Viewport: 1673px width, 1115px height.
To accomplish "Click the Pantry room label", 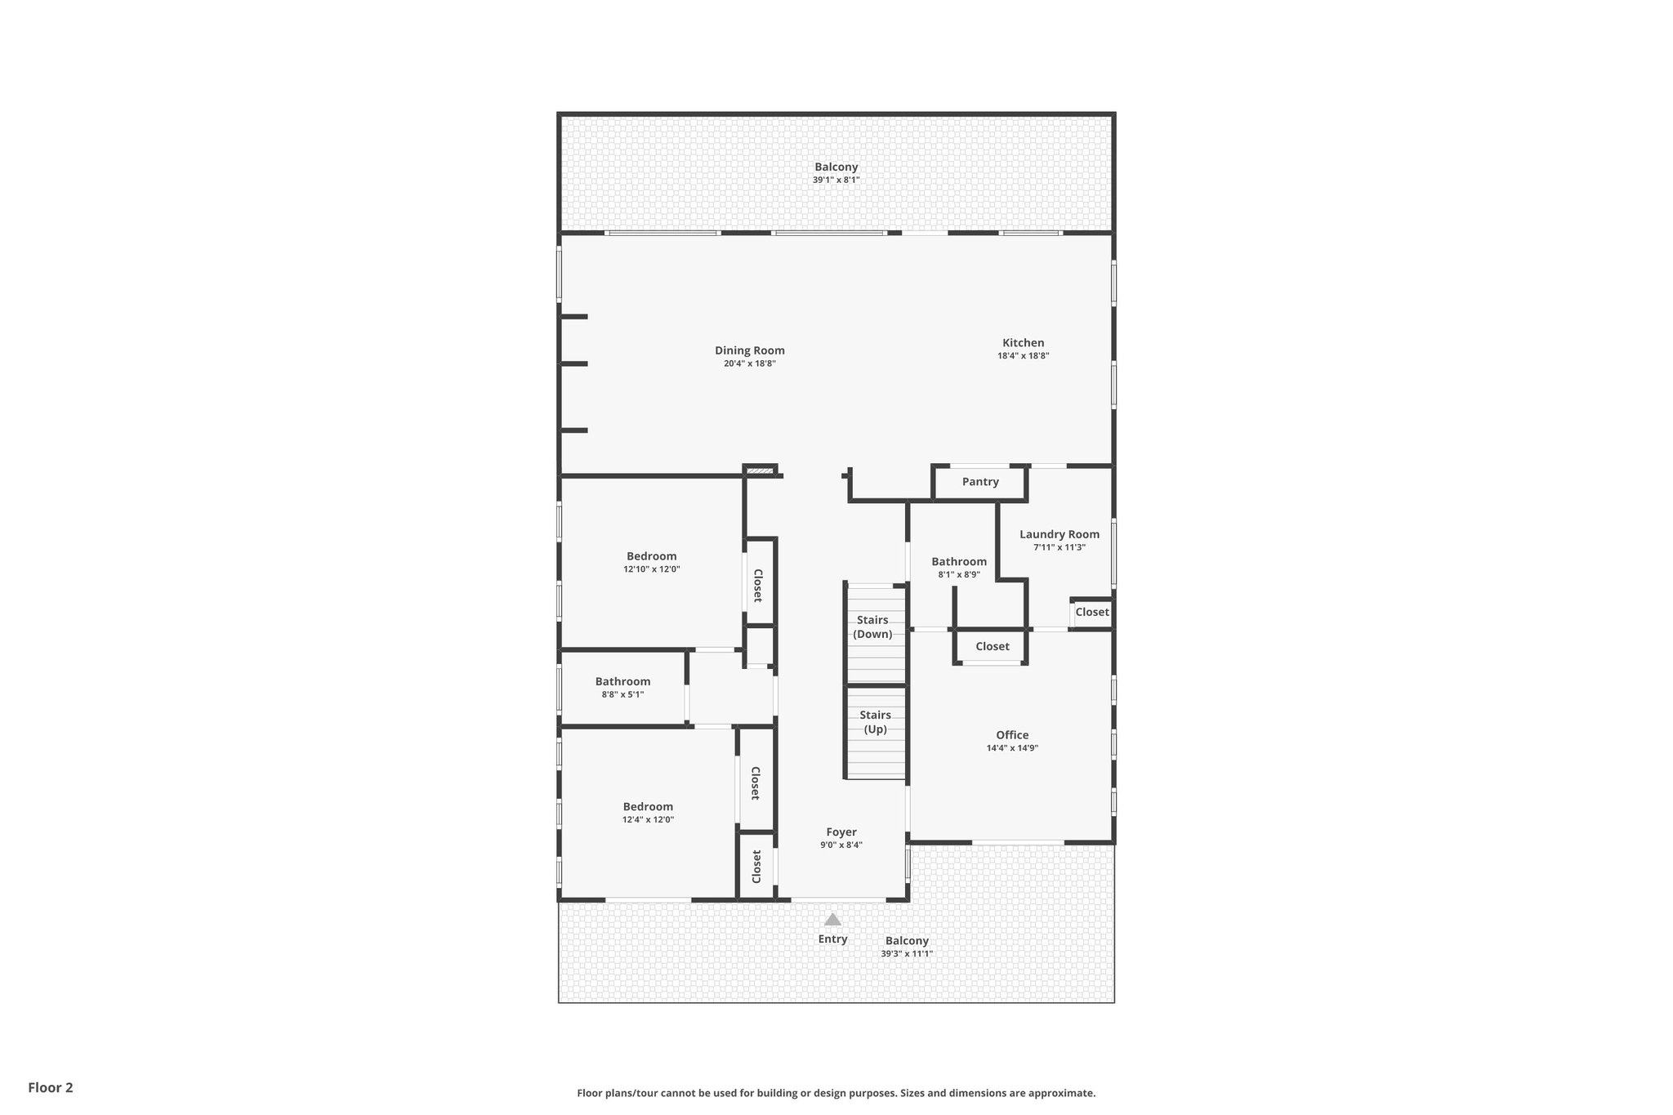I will click(x=979, y=482).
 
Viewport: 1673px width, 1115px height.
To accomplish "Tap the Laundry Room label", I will click(x=1059, y=534).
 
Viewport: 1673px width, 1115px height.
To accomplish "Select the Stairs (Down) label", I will click(x=872, y=627).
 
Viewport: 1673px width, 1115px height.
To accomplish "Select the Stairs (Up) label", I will click(x=875, y=722).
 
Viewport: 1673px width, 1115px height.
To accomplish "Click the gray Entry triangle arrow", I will click(x=832, y=919).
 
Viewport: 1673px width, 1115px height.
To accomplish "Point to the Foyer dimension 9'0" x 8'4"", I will click(x=841, y=845).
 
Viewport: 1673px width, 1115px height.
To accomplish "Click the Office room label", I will click(x=1012, y=734).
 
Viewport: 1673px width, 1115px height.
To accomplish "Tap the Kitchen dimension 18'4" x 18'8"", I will click(x=1023, y=356).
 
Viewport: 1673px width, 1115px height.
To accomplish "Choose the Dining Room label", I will click(x=749, y=350).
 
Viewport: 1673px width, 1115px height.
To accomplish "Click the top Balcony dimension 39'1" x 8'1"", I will click(x=836, y=180).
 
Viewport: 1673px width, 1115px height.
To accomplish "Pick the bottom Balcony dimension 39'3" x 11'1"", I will click(x=906, y=953).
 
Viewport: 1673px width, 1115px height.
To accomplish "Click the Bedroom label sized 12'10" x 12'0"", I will click(x=651, y=556).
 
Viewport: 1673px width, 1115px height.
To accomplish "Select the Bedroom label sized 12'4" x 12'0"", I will click(x=648, y=806).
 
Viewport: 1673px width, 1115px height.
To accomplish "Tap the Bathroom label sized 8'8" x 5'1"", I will click(x=622, y=681).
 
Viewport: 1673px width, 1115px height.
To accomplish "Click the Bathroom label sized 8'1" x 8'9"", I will click(x=959, y=561).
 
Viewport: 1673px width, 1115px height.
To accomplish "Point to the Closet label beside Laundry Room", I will click(x=1091, y=612).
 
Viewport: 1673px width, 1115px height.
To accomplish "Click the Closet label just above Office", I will click(x=992, y=646).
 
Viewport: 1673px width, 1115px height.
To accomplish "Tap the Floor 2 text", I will click(x=51, y=1087).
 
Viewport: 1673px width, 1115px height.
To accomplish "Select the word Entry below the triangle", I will click(x=832, y=939).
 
